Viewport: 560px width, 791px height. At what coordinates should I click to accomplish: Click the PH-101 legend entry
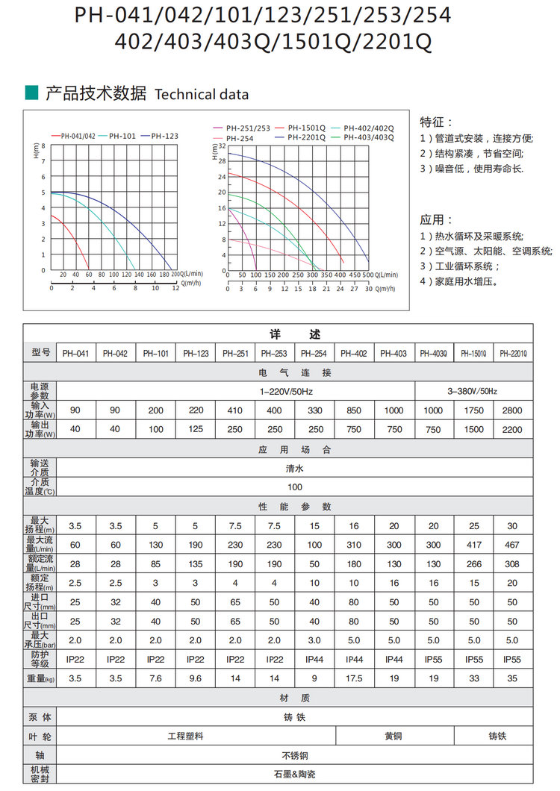click(x=122, y=136)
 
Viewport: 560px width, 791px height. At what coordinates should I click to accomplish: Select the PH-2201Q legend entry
click(x=306, y=137)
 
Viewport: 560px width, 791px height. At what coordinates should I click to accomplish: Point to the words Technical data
click(x=202, y=95)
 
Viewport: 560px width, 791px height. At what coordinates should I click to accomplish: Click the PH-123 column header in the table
click(x=196, y=353)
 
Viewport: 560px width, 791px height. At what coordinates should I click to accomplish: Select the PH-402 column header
click(x=355, y=353)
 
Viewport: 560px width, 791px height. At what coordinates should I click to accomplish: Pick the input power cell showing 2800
click(x=512, y=410)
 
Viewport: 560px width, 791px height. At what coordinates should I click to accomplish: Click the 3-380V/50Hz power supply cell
click(x=473, y=391)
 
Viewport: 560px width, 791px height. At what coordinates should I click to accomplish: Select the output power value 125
click(x=196, y=429)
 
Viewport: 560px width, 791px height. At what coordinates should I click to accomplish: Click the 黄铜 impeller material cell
click(x=393, y=736)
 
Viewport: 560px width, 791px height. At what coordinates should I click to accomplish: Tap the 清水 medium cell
click(x=294, y=469)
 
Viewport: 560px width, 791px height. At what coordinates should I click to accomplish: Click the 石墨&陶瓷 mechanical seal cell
click(x=294, y=774)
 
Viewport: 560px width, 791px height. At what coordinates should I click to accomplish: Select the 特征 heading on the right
click(x=436, y=122)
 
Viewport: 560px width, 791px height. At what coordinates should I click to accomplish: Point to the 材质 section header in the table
click(x=294, y=698)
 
